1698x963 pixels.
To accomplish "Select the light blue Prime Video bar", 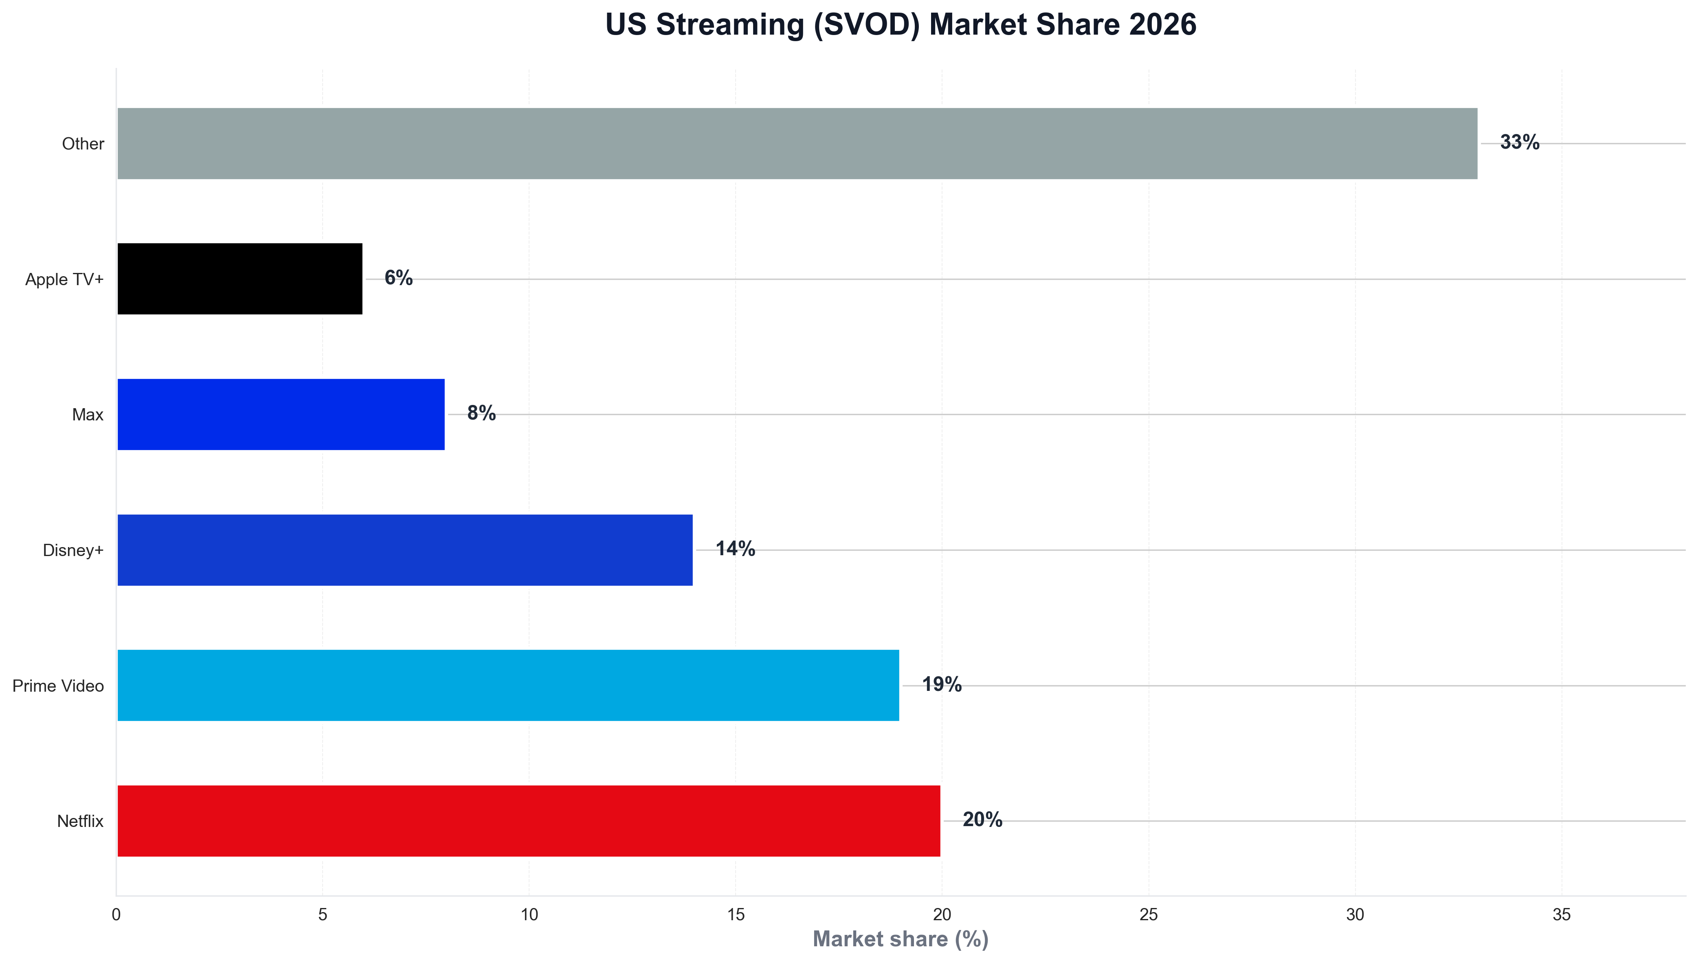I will click(508, 685).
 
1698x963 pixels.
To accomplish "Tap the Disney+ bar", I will click(405, 550).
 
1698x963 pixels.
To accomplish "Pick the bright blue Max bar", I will click(281, 414).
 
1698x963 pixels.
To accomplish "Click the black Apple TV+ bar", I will click(239, 279).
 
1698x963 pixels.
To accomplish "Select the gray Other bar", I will click(797, 143).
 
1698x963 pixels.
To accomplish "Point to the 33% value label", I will click(1519, 142).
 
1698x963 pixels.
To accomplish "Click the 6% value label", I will click(398, 278).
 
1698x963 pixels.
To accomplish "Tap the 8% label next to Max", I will click(481, 413).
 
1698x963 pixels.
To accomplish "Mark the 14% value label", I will click(735, 549).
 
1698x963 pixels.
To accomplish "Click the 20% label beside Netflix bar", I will click(982, 820).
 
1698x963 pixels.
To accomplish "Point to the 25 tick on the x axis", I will click(1149, 915).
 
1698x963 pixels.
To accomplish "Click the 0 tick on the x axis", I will click(116, 915).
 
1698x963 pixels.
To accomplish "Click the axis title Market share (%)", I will click(900, 939).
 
